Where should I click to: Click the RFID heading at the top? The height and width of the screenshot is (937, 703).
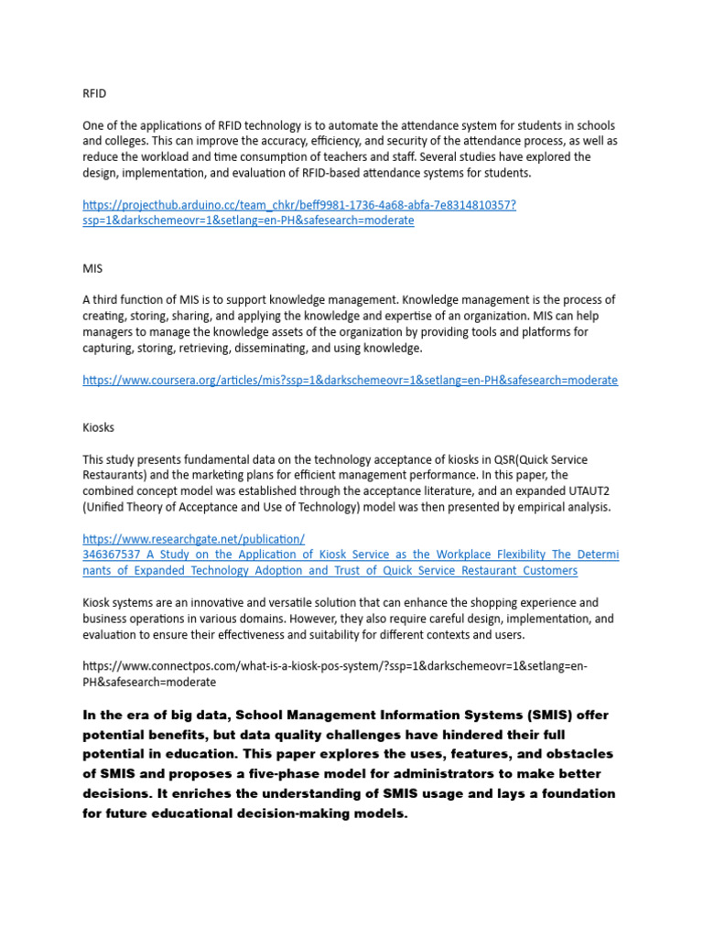94,92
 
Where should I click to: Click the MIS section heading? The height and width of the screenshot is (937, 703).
92,269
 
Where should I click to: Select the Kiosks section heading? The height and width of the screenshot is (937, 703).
99,427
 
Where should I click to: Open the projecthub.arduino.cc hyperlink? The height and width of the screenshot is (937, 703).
298,205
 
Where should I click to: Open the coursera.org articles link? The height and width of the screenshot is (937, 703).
350,380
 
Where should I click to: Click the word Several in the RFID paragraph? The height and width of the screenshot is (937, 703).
437,156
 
